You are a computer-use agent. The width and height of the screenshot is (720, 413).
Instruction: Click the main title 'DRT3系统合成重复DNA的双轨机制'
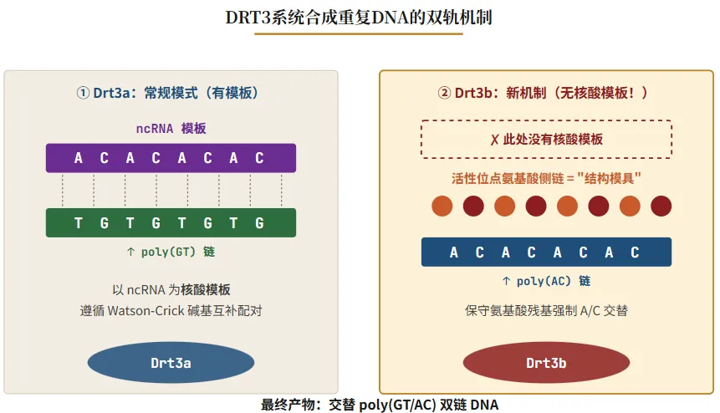click(x=360, y=17)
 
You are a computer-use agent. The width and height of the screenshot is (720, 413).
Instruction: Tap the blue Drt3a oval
click(x=171, y=362)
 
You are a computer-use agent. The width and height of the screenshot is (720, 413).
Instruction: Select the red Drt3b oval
click(x=546, y=363)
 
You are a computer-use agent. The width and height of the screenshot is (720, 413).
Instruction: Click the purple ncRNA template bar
click(x=171, y=158)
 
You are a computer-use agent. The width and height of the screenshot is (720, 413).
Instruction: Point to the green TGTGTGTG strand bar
click(x=171, y=223)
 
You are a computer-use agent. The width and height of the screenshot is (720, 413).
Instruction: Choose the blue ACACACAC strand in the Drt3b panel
click(x=546, y=252)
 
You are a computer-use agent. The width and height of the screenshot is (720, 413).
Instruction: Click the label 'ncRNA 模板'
click(x=171, y=129)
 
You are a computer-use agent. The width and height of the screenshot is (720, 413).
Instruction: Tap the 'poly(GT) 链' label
click(x=171, y=251)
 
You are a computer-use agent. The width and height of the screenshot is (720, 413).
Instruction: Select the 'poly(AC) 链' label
click(x=546, y=281)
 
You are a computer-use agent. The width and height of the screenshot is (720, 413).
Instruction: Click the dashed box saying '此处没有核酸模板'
click(x=546, y=140)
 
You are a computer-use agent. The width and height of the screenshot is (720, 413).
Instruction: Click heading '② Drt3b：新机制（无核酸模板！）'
click(x=546, y=94)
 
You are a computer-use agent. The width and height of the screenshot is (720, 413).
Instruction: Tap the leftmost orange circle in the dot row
click(x=442, y=206)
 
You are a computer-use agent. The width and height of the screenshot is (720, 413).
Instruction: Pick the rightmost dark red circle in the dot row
click(x=661, y=206)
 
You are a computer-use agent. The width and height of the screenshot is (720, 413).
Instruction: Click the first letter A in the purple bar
click(x=79, y=158)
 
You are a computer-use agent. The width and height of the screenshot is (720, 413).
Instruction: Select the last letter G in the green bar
click(x=259, y=223)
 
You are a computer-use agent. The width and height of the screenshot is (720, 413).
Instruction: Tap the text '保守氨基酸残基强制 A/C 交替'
click(x=546, y=311)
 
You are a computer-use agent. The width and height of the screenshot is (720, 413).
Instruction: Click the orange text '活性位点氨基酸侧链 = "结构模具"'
click(x=546, y=178)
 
